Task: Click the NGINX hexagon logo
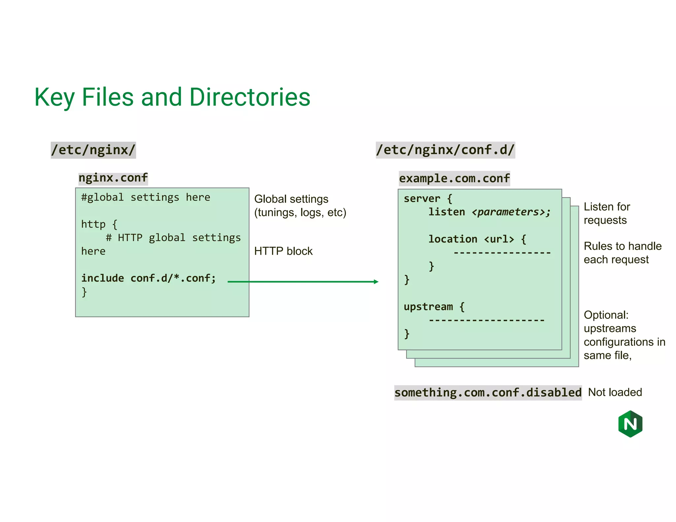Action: tap(630, 424)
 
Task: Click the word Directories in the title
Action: tap(250, 97)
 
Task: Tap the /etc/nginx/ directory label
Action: tap(93, 150)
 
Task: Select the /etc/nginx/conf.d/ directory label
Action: tap(445, 150)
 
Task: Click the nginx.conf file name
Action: tap(113, 178)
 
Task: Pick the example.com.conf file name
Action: tap(454, 179)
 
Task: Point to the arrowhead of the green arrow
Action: tap(376, 281)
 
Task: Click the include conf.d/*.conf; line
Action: tap(149, 278)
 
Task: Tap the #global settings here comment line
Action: tap(146, 197)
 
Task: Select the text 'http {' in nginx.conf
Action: tap(99, 224)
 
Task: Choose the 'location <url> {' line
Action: tap(477, 239)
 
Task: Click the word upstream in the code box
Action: tap(428, 307)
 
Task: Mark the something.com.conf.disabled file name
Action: tap(488, 393)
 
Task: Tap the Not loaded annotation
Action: tap(615, 392)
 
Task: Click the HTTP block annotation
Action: tap(283, 251)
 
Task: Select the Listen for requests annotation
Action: tap(606, 213)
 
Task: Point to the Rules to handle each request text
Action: tap(622, 253)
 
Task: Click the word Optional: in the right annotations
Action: tap(606, 315)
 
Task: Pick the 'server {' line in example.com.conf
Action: tap(427, 199)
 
